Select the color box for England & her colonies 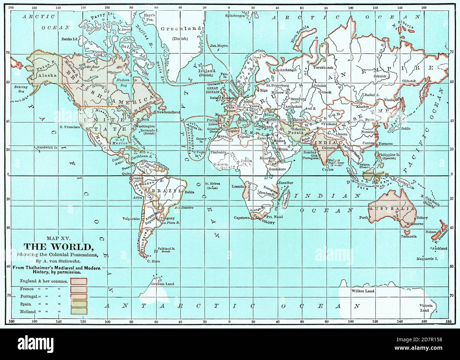[x=79, y=281]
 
